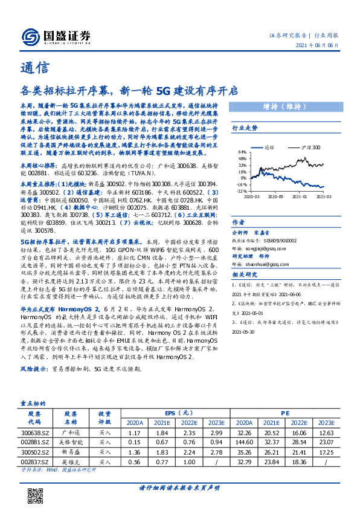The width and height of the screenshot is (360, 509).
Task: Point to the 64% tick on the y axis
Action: click(x=242, y=152)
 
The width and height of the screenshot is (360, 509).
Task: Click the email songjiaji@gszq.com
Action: click(x=278, y=247)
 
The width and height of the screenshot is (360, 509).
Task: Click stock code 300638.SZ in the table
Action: click(x=34, y=433)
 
